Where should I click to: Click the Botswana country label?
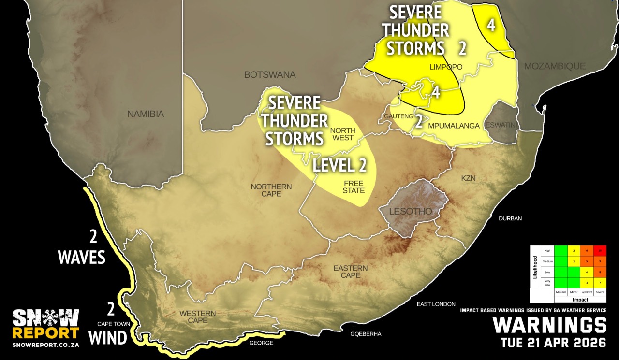[270, 75]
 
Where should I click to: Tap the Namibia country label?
[146, 115]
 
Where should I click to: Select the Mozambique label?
[555, 66]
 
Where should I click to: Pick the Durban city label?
[510, 218]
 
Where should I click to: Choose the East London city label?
[436, 304]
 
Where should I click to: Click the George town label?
[261, 343]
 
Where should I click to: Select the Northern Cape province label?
[271, 190]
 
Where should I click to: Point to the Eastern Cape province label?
[351, 272]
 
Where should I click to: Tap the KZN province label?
[468, 178]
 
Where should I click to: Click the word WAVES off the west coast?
[81, 258]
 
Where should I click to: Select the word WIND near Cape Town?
[108, 337]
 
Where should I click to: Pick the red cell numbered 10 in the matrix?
[600, 251]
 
